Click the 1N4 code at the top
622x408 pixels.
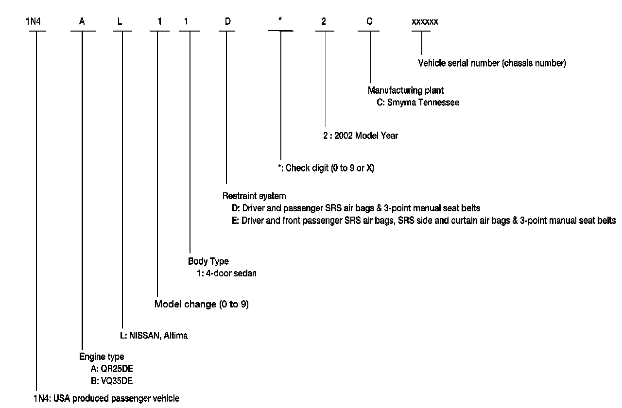coord(34,22)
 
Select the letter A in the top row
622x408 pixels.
coord(82,22)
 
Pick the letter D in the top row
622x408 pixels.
coord(227,22)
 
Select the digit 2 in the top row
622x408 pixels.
coord(324,22)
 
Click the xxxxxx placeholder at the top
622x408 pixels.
coord(425,22)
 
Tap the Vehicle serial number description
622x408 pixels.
coord(492,64)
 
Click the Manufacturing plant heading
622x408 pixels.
coord(405,90)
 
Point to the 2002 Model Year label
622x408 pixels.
coord(361,136)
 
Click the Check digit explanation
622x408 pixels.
coord(326,168)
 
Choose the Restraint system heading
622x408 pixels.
coord(254,196)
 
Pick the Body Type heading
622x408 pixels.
coord(208,261)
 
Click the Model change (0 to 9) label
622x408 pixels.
coord(201,305)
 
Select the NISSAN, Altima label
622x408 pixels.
coord(154,336)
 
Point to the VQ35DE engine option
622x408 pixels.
coord(111,380)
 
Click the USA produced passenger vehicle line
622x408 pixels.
coord(106,399)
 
